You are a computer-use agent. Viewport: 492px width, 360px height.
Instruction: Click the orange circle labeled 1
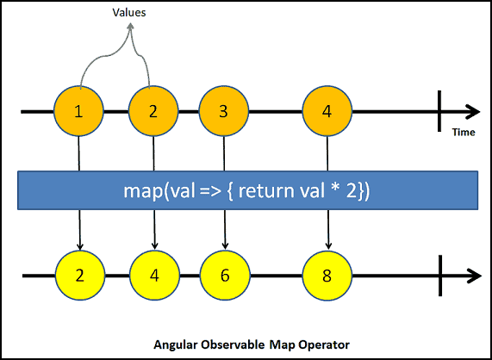[78, 112]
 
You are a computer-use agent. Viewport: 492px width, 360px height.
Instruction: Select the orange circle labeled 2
[153, 112]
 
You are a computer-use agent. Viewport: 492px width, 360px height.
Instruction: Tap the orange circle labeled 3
[224, 112]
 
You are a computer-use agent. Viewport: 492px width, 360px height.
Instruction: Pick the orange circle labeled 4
[327, 112]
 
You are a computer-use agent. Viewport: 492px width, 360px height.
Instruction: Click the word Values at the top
[131, 13]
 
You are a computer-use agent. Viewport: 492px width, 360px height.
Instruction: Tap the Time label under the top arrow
[464, 132]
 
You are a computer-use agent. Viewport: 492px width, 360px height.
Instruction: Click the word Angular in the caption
[174, 344]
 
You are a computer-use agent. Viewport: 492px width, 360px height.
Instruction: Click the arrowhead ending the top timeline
[473, 112]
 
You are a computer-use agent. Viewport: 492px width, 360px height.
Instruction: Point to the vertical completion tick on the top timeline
[440, 112]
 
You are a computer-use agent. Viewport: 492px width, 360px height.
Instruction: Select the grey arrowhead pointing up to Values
[131, 28]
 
